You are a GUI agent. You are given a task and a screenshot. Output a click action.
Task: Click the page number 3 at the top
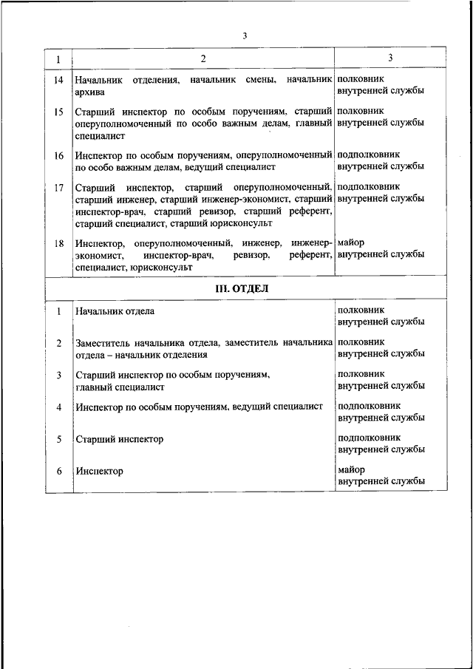pyautogui.click(x=243, y=36)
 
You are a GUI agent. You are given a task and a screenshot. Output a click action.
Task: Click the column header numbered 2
pyautogui.click(x=203, y=58)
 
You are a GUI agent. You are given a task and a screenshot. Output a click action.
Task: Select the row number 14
pyautogui.click(x=58, y=79)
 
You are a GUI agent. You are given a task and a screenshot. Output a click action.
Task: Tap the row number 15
pyautogui.click(x=58, y=112)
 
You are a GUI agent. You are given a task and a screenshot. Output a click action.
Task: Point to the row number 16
pyautogui.click(x=58, y=155)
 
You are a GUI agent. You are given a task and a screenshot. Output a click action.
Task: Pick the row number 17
pyautogui.click(x=58, y=187)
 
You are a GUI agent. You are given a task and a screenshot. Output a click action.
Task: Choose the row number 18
pyautogui.click(x=58, y=242)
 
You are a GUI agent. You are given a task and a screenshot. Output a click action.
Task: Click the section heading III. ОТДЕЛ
pyautogui.click(x=242, y=288)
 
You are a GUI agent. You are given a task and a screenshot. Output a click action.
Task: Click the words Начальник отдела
pyautogui.click(x=115, y=311)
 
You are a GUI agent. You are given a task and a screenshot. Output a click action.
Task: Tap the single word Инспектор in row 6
pyautogui.click(x=99, y=471)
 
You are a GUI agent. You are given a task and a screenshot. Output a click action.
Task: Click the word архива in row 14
pyautogui.click(x=89, y=92)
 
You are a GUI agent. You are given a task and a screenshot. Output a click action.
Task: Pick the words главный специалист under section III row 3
pyautogui.click(x=120, y=387)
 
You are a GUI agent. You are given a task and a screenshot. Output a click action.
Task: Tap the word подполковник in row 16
pyautogui.click(x=369, y=155)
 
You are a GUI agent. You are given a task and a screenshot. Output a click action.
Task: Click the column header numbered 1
pyautogui.click(x=58, y=58)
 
